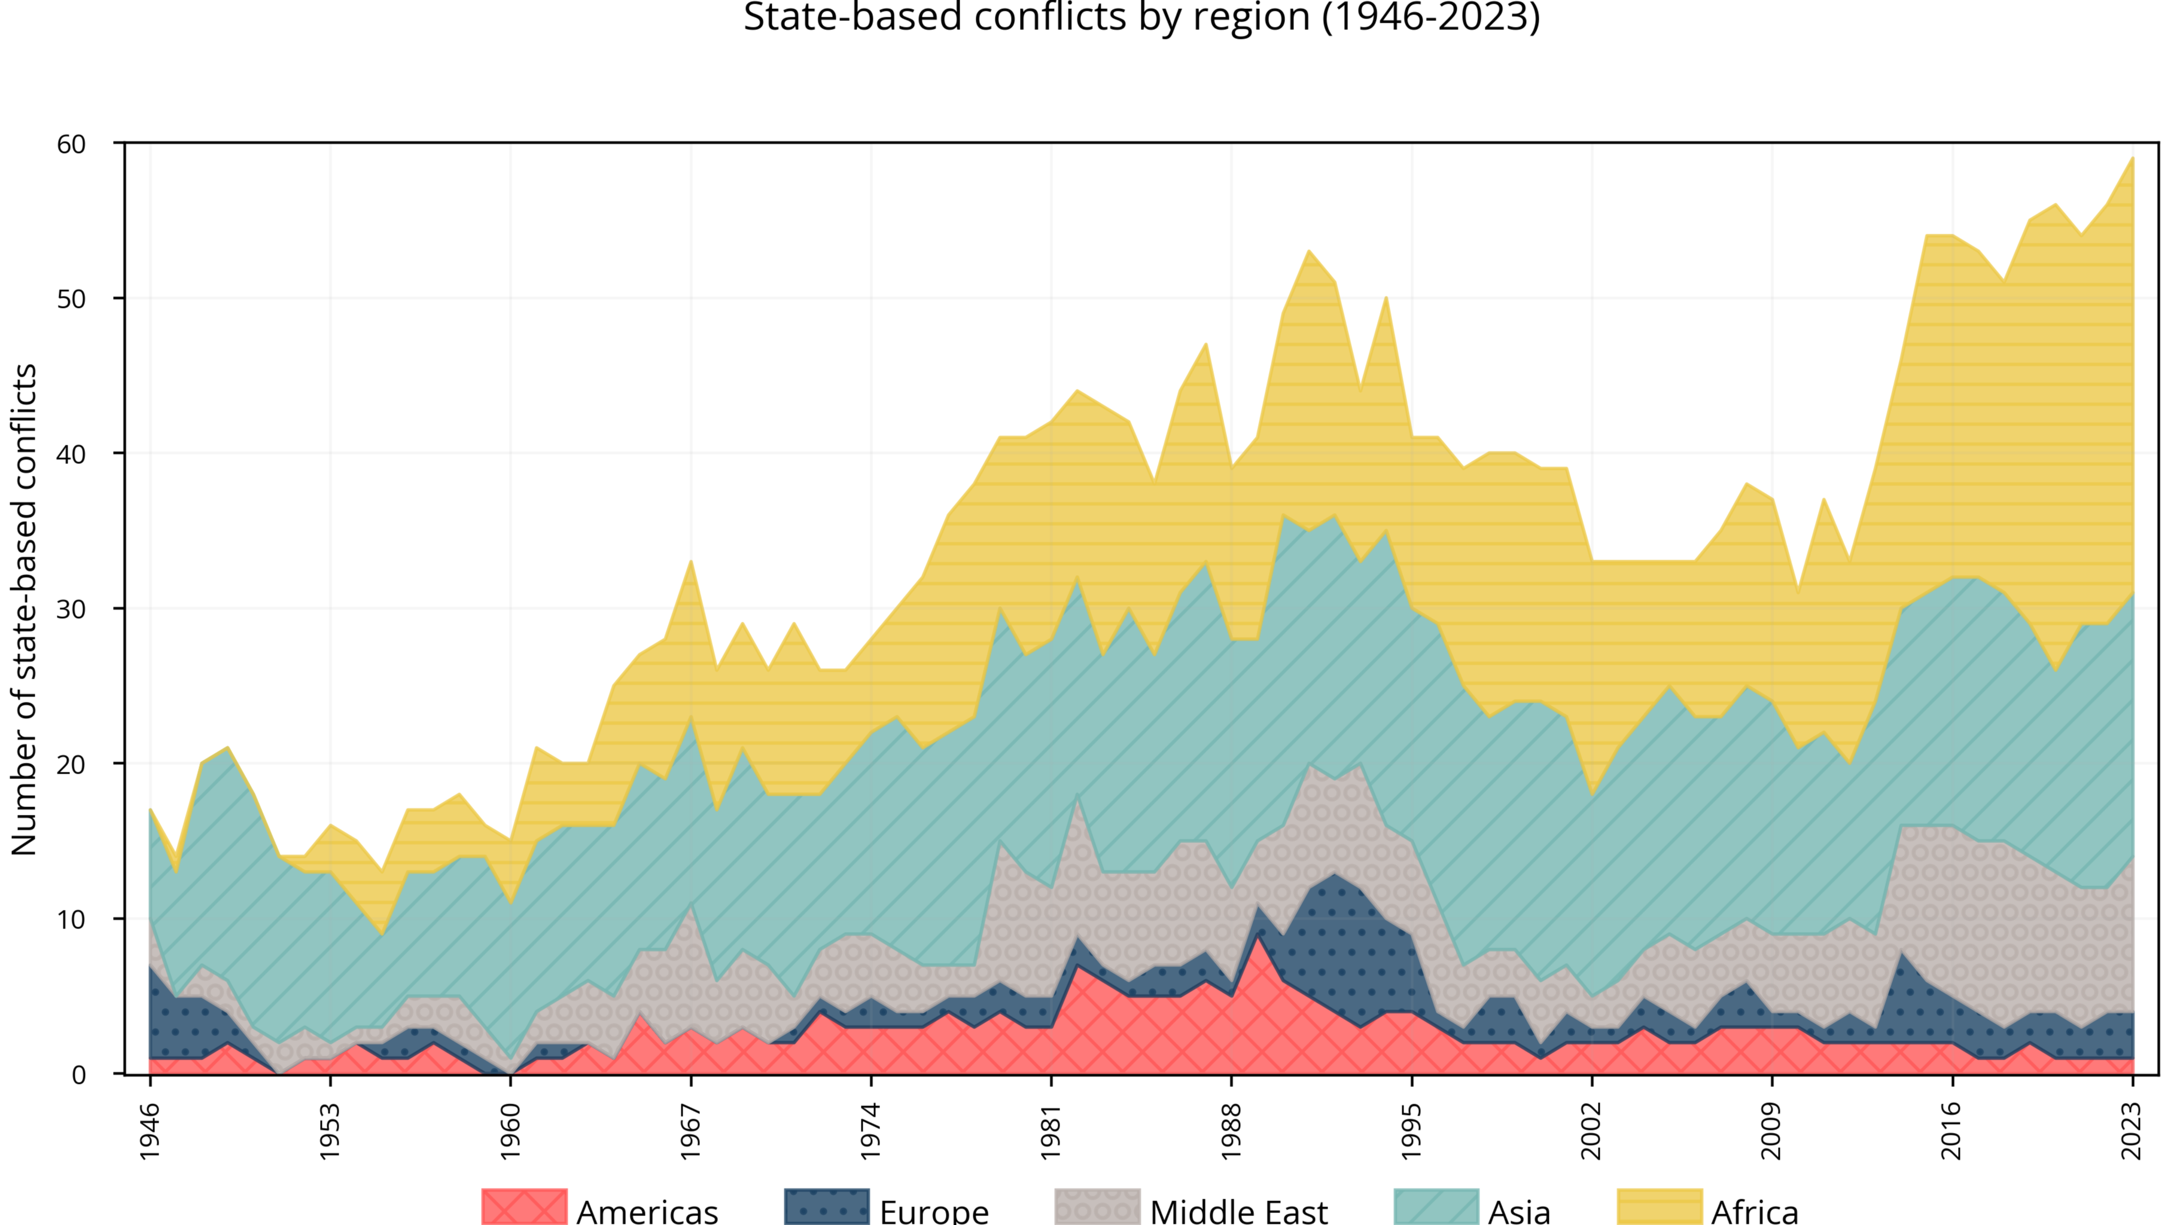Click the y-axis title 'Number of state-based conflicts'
pyautogui.click(x=24, y=609)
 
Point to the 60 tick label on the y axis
pyautogui.click(x=72, y=144)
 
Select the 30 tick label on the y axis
pyautogui.click(x=72, y=609)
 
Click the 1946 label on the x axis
pyautogui.click(x=150, y=1131)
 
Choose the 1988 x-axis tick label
pyautogui.click(x=1231, y=1131)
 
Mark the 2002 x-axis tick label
pyautogui.click(x=1592, y=1131)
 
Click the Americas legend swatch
pyautogui.click(x=524, y=1207)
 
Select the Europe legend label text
pyautogui.click(x=933, y=1211)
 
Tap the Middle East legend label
pyautogui.click(x=1238, y=1211)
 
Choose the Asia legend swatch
pyautogui.click(x=1436, y=1207)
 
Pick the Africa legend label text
pyautogui.click(x=1754, y=1211)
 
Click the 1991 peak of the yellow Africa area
pyautogui.click(x=1308, y=251)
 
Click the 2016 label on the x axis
pyautogui.click(x=1952, y=1131)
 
